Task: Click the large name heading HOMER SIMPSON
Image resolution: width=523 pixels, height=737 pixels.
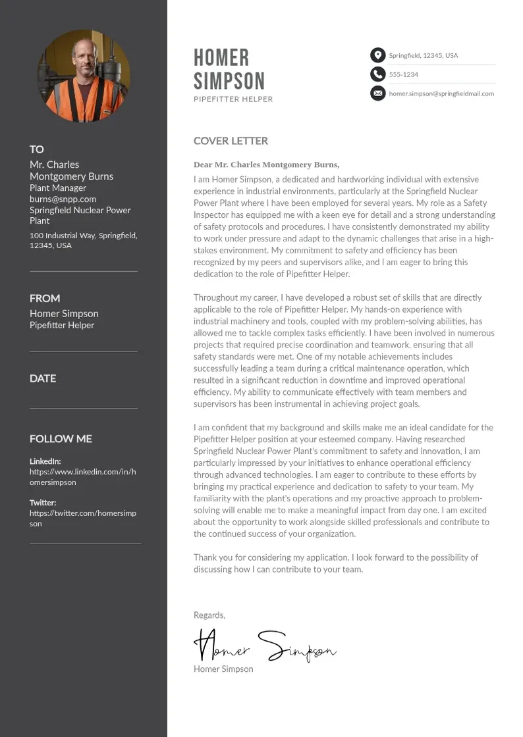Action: pos(229,69)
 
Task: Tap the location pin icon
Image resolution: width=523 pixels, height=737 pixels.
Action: pos(377,55)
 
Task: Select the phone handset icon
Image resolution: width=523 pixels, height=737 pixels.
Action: pos(377,74)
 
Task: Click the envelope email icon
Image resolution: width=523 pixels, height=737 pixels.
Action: pos(377,93)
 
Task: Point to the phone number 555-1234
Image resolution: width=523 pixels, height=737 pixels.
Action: pos(404,74)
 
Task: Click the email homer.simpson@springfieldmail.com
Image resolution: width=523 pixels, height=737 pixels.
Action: pos(441,93)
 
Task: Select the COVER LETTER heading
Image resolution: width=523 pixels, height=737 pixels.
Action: pos(231,141)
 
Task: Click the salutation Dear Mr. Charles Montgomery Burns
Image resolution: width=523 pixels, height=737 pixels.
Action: pos(266,165)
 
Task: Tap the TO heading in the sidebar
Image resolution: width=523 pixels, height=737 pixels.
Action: pos(37,149)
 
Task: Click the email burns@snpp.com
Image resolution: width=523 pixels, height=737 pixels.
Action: pos(63,199)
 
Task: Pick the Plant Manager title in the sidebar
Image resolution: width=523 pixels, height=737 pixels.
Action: pos(58,188)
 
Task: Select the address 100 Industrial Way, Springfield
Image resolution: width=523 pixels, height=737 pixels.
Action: pos(83,236)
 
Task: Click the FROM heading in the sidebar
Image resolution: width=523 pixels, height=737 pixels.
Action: pos(45,298)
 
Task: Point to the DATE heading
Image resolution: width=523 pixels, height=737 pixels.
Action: pos(43,378)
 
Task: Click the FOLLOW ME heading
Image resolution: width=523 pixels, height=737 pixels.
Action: pos(61,439)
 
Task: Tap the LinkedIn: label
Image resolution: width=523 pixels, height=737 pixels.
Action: pos(45,461)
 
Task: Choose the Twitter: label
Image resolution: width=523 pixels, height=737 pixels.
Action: pos(43,503)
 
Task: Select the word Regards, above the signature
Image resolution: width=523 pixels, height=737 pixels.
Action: pos(209,615)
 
